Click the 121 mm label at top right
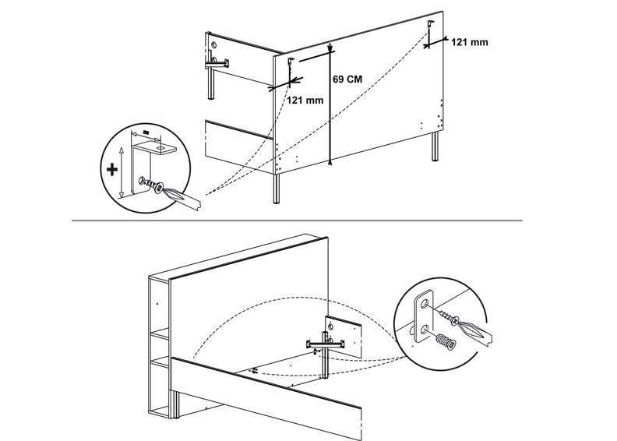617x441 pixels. point(470,42)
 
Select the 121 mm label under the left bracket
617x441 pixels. point(305,100)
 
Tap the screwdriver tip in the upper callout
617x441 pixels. point(173,194)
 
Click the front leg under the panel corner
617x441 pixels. point(277,187)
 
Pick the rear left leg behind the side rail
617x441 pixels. point(211,86)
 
